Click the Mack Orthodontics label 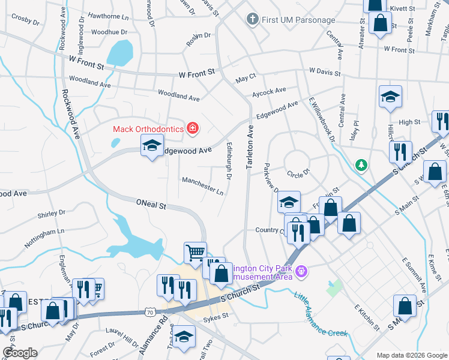tap(148, 128)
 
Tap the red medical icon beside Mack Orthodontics tap(193, 128)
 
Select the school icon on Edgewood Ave tap(152, 145)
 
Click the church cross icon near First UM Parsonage tap(253, 20)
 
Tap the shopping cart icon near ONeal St tap(195, 253)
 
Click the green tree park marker tap(361, 164)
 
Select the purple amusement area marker tap(301, 272)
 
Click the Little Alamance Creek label tap(320, 314)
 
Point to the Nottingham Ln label tap(44, 237)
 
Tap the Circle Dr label tap(298, 173)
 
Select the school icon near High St tap(390, 97)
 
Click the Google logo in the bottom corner tap(19, 353)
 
